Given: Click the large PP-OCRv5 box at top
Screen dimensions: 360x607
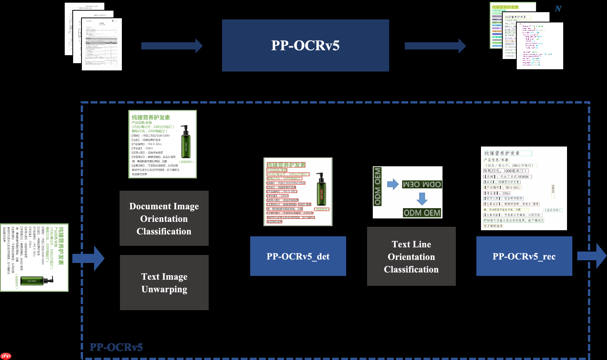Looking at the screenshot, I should coord(305,45).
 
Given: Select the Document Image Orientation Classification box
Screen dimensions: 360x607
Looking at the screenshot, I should coord(164,218).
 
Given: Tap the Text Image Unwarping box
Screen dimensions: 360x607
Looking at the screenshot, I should coord(164,282).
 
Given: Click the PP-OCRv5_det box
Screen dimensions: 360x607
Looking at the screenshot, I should coord(298,256).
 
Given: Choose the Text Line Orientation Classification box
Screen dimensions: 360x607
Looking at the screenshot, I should coord(411,256).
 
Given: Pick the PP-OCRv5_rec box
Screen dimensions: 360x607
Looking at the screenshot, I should coord(524,256).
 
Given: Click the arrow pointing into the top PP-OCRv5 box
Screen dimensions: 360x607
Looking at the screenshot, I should coord(171,46).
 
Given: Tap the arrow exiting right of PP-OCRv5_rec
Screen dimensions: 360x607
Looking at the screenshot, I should coord(591,256).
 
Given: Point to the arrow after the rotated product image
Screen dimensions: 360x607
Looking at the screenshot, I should coord(88,258).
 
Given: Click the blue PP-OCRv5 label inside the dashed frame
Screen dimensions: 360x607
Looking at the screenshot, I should coord(116,347).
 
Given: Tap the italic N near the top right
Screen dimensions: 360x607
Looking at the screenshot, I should coord(558,8).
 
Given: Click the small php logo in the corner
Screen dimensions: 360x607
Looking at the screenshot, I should coord(6,356).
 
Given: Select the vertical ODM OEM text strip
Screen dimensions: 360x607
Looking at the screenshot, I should coord(377,186).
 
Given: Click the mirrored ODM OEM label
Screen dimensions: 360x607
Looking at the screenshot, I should coord(422,185).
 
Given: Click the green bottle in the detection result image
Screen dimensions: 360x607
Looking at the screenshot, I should coord(321,190).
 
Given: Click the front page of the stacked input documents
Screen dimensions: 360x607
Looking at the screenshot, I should coord(102,44).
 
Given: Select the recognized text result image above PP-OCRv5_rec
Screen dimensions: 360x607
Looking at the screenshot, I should coord(524,188).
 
